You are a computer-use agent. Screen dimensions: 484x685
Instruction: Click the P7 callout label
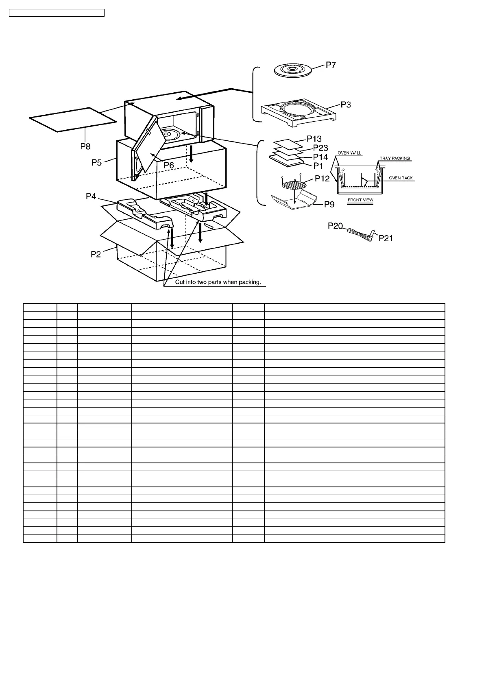click(x=331, y=65)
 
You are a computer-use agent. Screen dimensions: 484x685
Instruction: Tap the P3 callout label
click(x=346, y=105)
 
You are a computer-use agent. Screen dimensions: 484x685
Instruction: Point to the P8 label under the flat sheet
click(x=85, y=146)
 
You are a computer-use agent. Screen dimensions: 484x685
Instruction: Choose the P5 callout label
click(x=96, y=163)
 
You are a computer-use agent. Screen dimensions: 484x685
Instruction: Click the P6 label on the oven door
click(x=169, y=165)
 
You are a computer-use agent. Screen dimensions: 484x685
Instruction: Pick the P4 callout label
click(x=91, y=196)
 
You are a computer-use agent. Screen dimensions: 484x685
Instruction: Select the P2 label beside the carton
click(x=96, y=254)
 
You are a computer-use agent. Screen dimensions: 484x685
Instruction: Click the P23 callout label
click(x=320, y=148)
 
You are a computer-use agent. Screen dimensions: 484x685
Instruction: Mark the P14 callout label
click(x=320, y=157)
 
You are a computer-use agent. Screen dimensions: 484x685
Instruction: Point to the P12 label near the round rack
click(x=323, y=179)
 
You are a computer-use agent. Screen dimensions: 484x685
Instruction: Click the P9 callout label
click(x=329, y=204)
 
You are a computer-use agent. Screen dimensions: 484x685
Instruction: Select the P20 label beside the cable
click(x=336, y=226)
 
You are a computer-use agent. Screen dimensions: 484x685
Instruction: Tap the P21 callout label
click(x=386, y=238)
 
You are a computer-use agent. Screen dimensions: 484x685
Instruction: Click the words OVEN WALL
click(x=349, y=153)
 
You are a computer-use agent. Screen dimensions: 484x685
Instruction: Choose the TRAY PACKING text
click(x=395, y=158)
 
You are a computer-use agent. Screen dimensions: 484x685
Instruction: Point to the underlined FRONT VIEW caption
click(x=360, y=200)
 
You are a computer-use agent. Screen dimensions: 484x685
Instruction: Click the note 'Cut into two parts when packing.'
click(x=218, y=282)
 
